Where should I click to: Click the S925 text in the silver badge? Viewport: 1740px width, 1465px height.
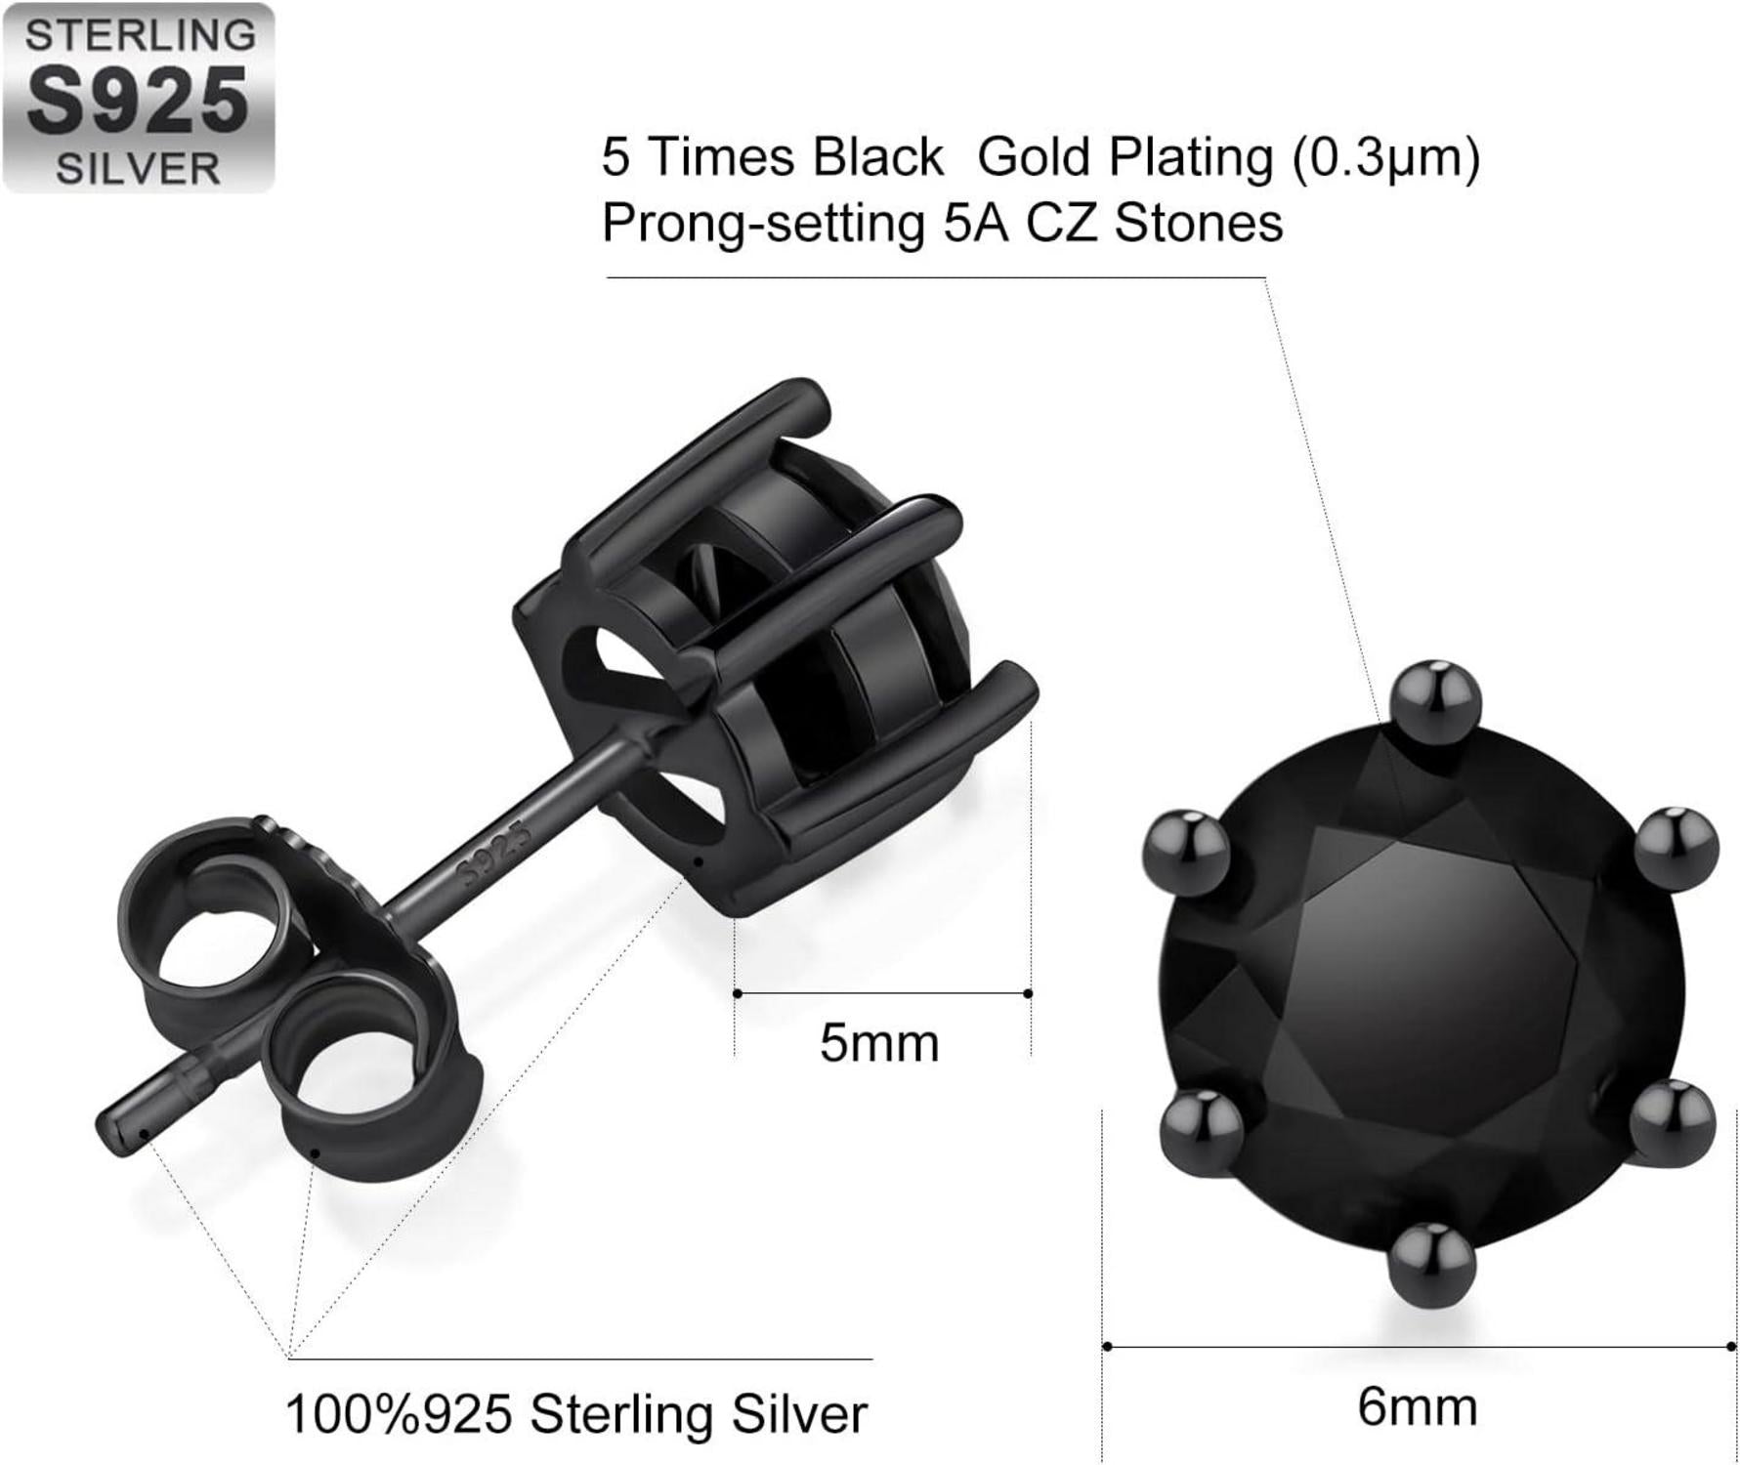coord(138,101)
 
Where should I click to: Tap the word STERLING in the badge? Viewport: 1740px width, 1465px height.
coord(140,35)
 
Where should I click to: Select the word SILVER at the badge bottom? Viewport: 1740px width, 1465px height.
coord(138,168)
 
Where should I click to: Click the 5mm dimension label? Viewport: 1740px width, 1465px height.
coord(879,1043)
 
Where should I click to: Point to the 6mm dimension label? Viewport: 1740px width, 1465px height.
coord(1417,1407)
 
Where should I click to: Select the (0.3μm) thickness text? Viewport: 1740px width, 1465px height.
coord(1386,158)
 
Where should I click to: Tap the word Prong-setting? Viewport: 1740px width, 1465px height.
coord(763,224)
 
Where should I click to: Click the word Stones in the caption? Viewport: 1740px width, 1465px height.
coord(1198,223)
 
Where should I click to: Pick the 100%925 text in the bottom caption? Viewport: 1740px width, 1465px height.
coord(399,1413)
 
